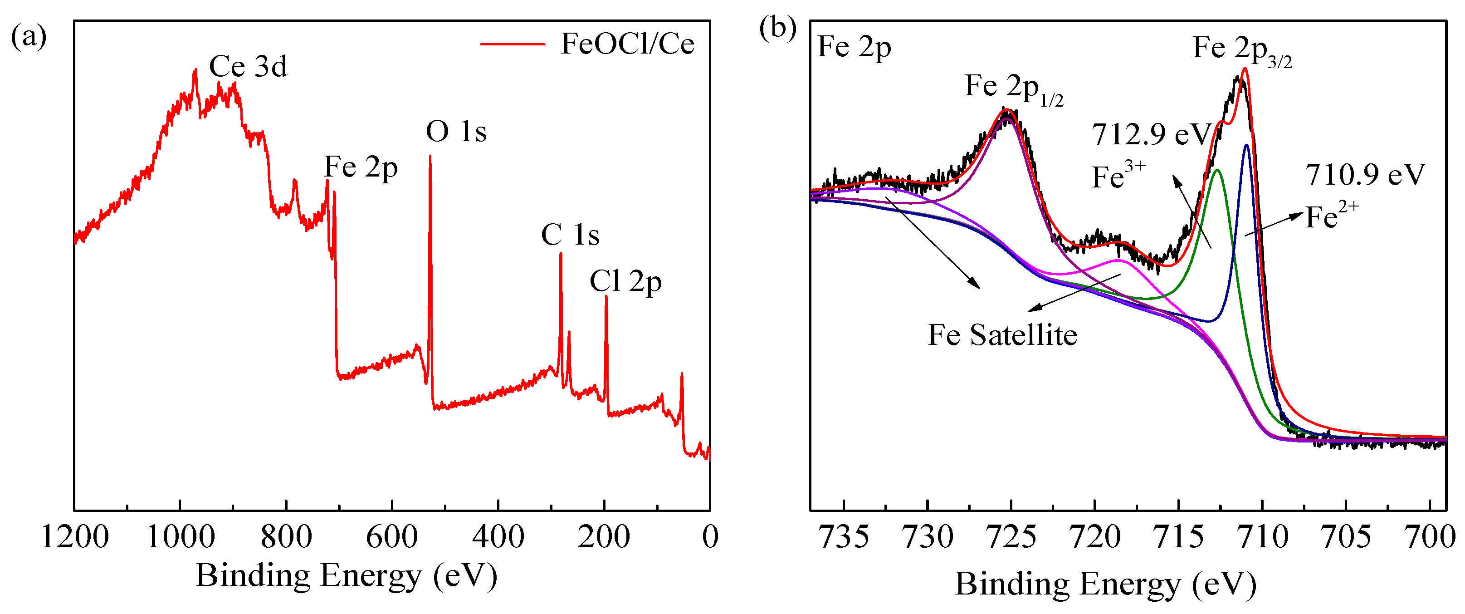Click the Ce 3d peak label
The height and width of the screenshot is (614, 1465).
point(248,67)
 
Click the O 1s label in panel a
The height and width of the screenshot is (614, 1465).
point(456,132)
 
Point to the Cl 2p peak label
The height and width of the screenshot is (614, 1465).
point(625,282)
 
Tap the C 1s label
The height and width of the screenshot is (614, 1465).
point(570,235)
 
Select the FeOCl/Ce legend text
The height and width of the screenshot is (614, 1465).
point(627,44)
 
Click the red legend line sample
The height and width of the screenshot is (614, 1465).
point(513,44)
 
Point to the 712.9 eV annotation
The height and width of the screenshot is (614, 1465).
point(1152,135)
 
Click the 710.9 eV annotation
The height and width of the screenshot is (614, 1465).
point(1365,175)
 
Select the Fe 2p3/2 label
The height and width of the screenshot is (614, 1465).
point(1242,50)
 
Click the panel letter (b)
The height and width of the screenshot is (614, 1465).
point(777,29)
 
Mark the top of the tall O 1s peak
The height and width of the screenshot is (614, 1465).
point(430,157)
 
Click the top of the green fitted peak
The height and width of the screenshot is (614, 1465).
point(1217,170)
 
